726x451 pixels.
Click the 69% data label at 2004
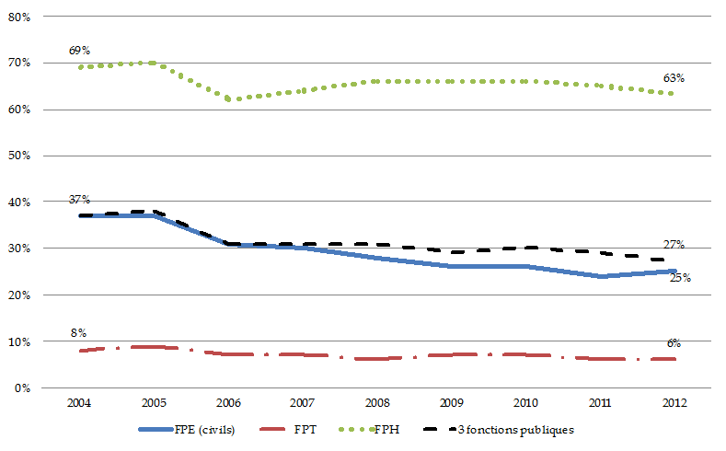pos(79,50)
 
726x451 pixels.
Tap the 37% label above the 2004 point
pos(79,200)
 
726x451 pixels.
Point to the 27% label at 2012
pos(674,244)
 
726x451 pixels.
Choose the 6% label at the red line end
pos(674,342)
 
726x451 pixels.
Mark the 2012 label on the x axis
pos(674,402)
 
